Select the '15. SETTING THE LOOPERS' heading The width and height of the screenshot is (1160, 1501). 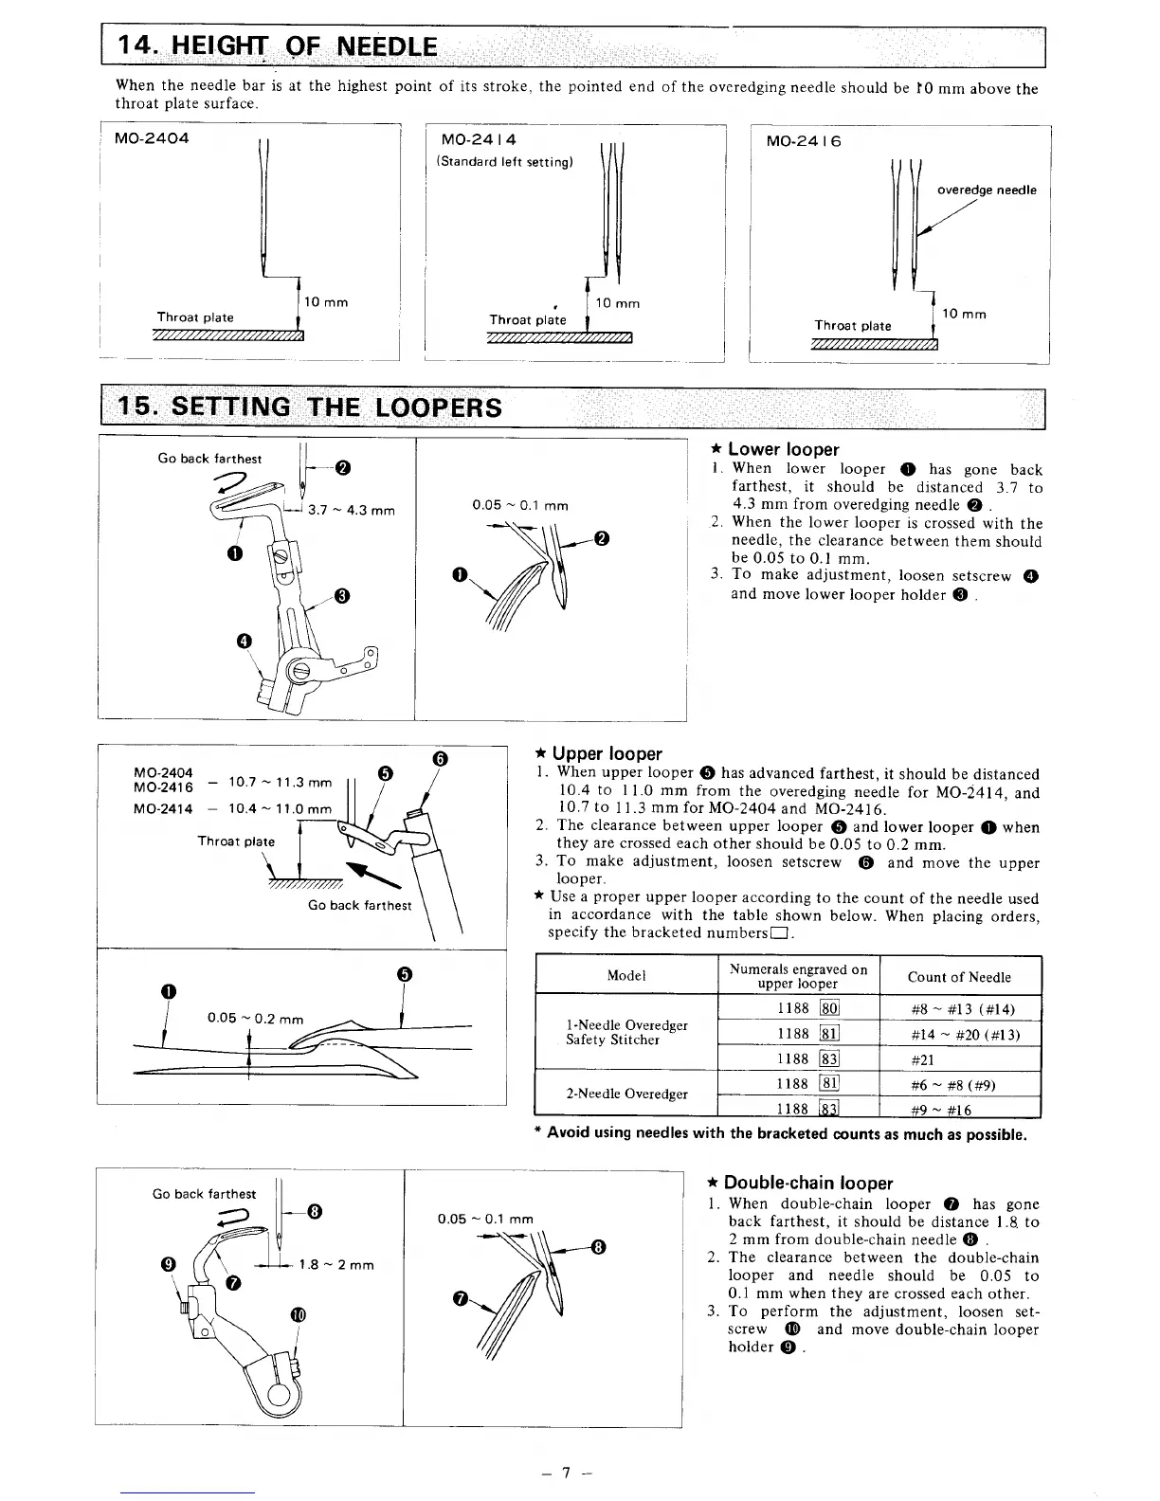[308, 407]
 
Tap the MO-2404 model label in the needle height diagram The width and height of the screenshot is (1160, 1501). [152, 138]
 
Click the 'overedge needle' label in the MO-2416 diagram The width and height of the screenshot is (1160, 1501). [986, 190]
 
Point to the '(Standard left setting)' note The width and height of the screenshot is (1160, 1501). [504, 161]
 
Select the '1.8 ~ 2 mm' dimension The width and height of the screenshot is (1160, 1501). [336, 1265]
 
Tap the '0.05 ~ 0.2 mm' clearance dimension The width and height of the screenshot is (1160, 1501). [255, 1018]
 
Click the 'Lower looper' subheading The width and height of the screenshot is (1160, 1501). [783, 449]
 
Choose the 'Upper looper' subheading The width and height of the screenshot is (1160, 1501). [607, 753]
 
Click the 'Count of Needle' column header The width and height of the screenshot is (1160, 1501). [959, 977]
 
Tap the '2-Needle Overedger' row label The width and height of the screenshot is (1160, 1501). [626, 1094]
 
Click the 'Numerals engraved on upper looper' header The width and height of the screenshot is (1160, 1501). [799, 976]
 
